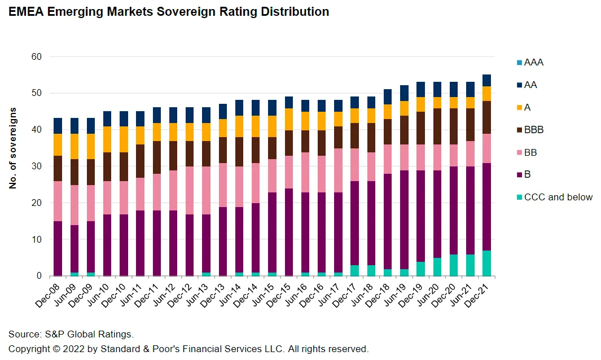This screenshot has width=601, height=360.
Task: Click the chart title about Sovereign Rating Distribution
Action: pyautogui.click(x=169, y=11)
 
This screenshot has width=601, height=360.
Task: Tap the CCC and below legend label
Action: pyautogui.click(x=558, y=197)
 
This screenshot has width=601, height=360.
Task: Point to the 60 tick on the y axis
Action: pyautogui.click(x=37, y=56)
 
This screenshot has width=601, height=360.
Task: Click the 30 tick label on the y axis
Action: pyautogui.click(x=37, y=166)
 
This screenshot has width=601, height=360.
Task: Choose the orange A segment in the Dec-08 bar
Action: pyautogui.click(x=58, y=144)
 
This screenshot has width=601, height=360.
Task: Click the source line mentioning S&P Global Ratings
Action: pyautogui.click(x=71, y=334)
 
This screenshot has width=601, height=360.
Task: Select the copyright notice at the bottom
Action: pyautogui.click(x=188, y=348)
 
